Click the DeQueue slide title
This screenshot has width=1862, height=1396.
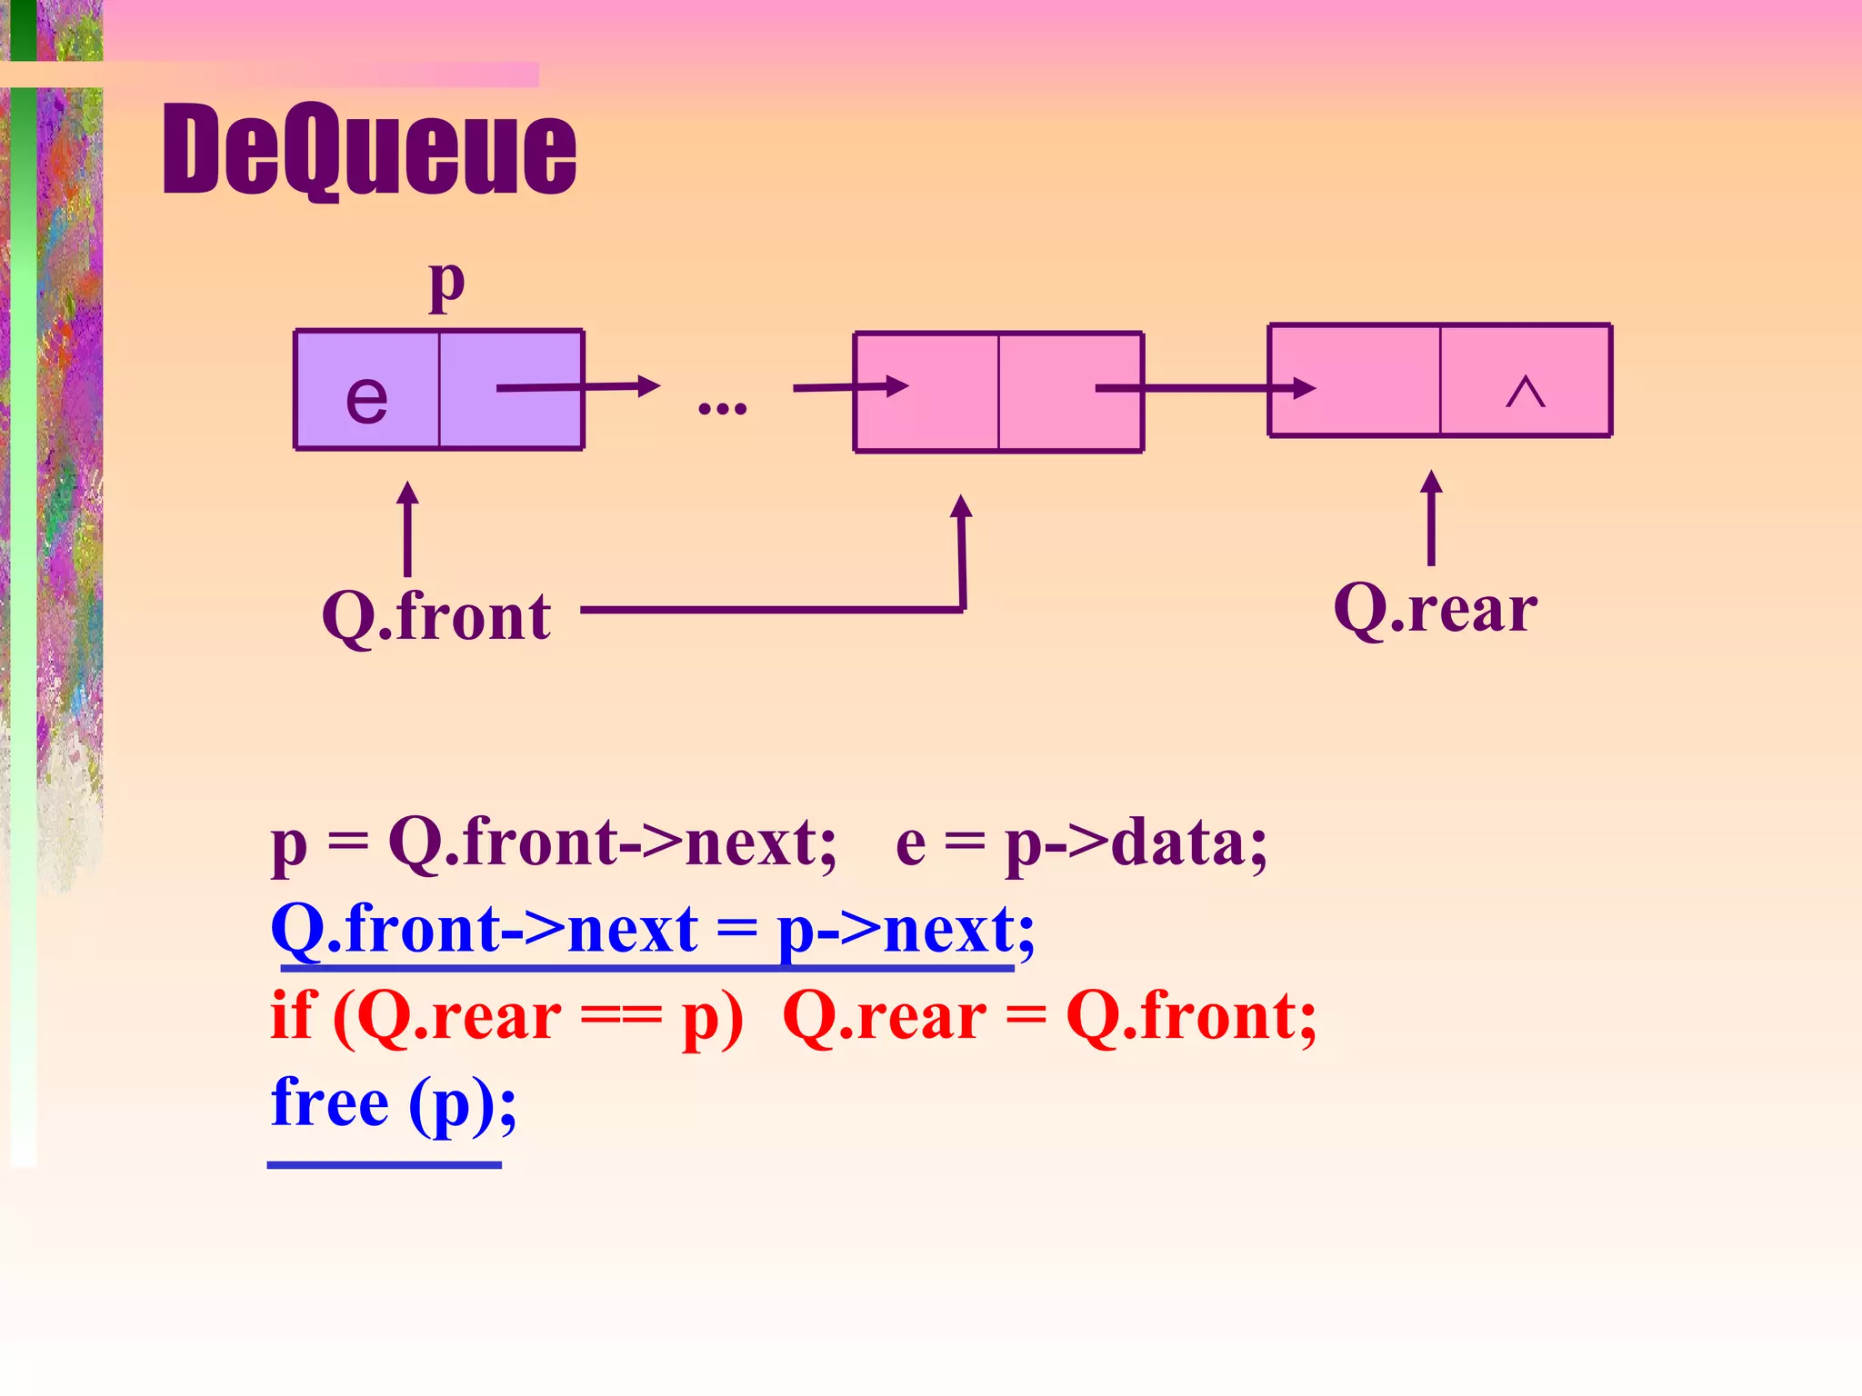(369, 150)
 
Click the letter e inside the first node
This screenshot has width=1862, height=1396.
(366, 398)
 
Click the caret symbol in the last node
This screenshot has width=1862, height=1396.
(1525, 393)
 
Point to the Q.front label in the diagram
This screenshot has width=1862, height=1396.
(436, 616)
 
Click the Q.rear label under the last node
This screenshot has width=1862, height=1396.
(1435, 609)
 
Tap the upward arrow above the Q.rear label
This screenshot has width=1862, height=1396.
(1431, 518)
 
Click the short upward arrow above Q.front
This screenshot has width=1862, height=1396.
(407, 529)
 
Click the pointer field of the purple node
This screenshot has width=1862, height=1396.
(511, 390)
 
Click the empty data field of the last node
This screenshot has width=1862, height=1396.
(1355, 381)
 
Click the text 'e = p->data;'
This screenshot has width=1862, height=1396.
(1081, 843)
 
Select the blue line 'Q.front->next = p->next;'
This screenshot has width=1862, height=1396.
(652, 929)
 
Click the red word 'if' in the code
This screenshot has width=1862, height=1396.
(292, 1016)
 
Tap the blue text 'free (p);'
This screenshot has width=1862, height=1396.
(394, 1102)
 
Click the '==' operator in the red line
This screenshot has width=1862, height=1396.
(621, 1018)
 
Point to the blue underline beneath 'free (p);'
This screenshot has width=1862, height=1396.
(384, 1164)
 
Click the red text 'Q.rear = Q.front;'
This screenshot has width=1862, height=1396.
(1049, 1016)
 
